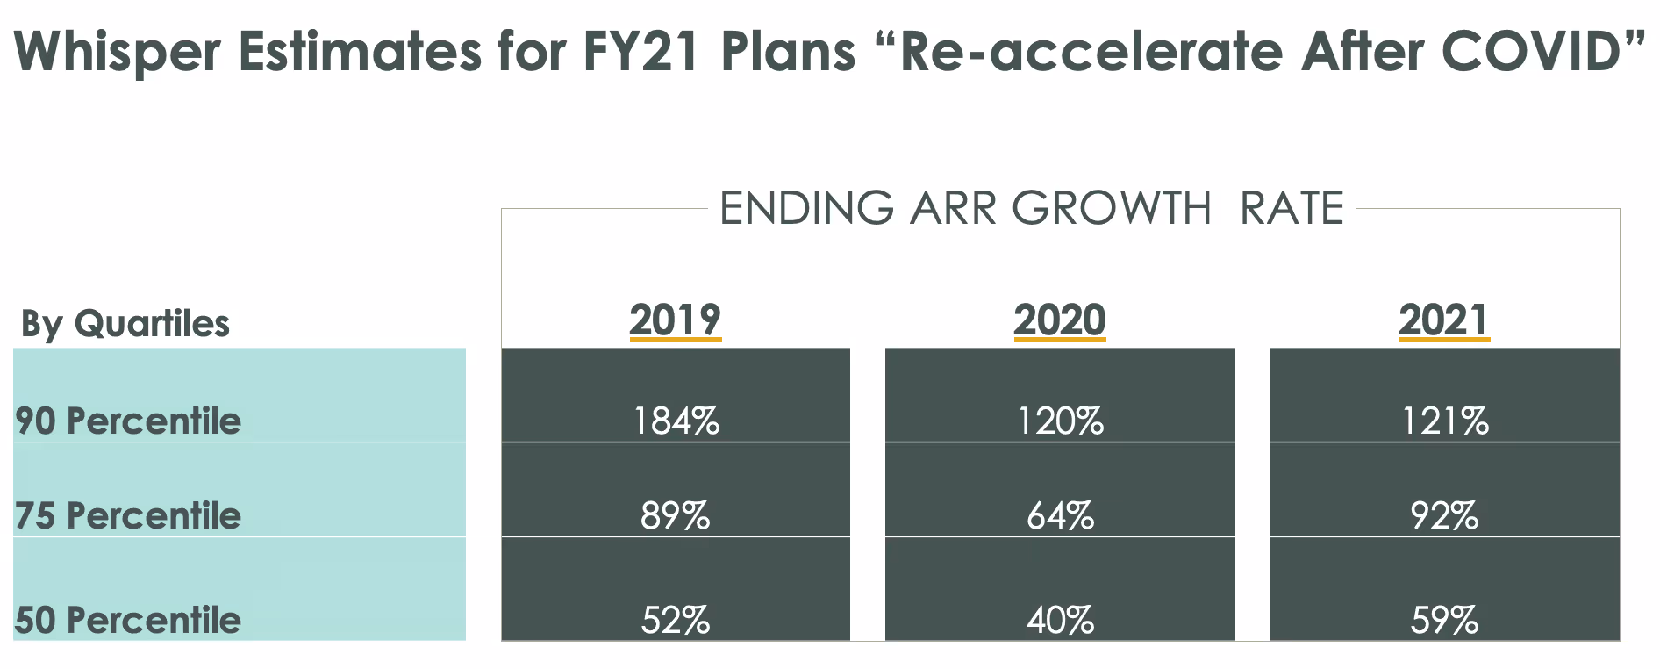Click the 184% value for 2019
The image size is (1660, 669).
[676, 421]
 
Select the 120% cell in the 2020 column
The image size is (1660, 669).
[1060, 421]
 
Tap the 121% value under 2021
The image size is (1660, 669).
[1444, 421]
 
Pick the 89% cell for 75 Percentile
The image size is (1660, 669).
[675, 515]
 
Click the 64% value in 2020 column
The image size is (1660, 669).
[1060, 515]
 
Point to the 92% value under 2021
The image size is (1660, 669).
[1444, 515]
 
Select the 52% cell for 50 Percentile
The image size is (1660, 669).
[675, 621]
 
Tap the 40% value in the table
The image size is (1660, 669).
[1060, 621]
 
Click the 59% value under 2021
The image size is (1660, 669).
[1444, 621]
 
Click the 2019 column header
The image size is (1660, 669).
[675, 320]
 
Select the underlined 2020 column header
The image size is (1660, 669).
[1060, 320]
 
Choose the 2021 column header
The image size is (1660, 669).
[1444, 320]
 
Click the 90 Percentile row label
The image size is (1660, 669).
[128, 421]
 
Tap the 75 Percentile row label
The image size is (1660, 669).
[128, 515]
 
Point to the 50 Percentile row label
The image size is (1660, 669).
[128, 621]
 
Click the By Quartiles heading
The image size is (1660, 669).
[125, 324]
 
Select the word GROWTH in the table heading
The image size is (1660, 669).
[1111, 209]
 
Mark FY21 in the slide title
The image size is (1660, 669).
[640, 51]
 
